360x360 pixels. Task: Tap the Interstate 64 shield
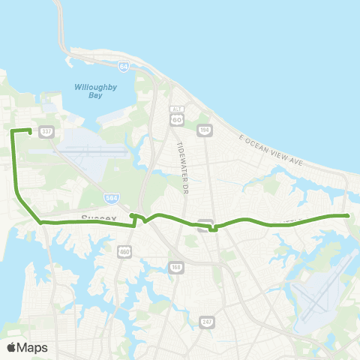pos(124,67)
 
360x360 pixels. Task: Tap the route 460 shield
pos(123,254)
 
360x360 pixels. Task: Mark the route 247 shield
pos(207,322)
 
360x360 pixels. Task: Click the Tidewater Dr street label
pos(180,157)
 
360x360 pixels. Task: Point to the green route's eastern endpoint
pos(349,216)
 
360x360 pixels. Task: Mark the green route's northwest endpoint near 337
pos(29,132)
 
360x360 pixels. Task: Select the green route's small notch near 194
pos(214,229)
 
